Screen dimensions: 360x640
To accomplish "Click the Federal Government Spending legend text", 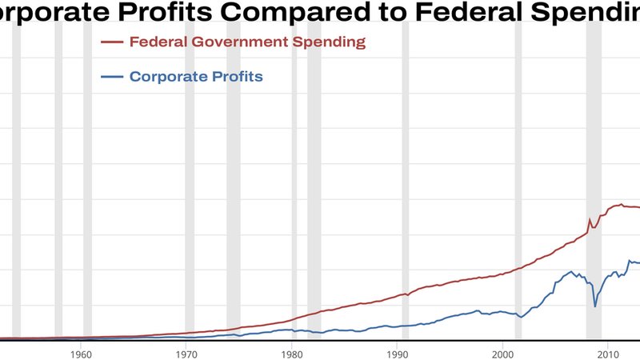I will click(247, 42).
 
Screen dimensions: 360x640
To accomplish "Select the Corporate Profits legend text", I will click(196, 77).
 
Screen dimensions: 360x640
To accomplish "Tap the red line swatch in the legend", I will click(110, 42).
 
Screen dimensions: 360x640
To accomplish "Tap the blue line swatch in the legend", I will click(110, 77).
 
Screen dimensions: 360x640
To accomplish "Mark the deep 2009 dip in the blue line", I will click(594, 306).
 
